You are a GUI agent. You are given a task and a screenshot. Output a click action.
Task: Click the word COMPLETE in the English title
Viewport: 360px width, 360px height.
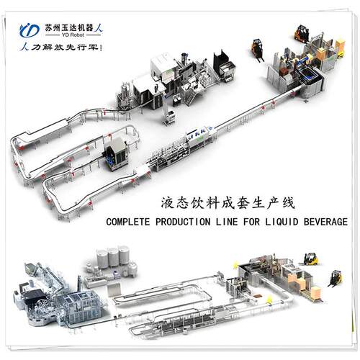coord(128,221)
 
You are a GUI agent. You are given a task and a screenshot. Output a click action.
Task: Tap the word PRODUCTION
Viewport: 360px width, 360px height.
coord(183,221)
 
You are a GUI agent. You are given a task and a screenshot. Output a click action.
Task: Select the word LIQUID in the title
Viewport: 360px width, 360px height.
coord(282,221)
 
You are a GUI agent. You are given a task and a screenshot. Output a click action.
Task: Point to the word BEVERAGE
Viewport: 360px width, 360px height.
coord(325,221)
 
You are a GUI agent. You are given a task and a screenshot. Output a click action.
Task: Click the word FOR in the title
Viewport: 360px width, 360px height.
coord(251,221)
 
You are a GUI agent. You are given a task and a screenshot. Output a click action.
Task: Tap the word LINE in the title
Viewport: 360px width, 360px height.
coord(227,221)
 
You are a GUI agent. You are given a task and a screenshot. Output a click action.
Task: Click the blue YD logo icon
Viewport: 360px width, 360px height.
coord(30,30)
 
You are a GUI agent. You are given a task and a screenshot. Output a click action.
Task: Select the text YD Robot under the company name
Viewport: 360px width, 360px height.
coord(73,35)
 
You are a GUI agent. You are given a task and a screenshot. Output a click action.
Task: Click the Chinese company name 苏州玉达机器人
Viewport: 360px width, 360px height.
coord(74,28)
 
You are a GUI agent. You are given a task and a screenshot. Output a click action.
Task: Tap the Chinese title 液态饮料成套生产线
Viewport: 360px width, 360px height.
coord(228,203)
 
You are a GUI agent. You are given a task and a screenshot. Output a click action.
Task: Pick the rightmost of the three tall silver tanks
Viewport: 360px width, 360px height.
coord(124,255)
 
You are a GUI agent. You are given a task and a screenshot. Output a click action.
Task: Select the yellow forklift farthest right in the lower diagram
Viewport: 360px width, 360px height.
coord(336,279)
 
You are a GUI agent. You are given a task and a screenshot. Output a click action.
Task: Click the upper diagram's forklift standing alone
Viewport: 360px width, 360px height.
coord(257,50)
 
